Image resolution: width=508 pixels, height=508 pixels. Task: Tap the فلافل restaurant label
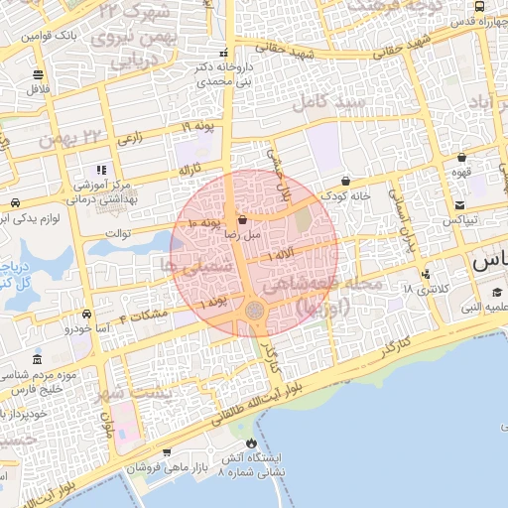pyautogui.click(x=38, y=87)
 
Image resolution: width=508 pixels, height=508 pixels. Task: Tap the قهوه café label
pyautogui.click(x=460, y=171)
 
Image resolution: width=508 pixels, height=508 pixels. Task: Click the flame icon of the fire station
pyautogui.click(x=250, y=443)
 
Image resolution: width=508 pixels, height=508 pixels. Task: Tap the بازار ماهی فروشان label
pyautogui.click(x=165, y=466)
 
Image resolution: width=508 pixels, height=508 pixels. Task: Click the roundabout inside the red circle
pyautogui.click(x=255, y=312)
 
